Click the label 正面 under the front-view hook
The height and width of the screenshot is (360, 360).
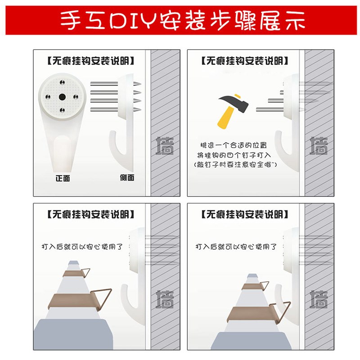(x=63, y=178)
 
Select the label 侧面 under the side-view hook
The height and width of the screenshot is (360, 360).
(x=127, y=177)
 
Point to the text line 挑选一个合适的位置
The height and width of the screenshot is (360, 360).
(x=237, y=145)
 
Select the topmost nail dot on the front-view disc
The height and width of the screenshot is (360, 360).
(x=62, y=83)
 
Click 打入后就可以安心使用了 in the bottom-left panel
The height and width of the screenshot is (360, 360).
(x=82, y=247)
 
